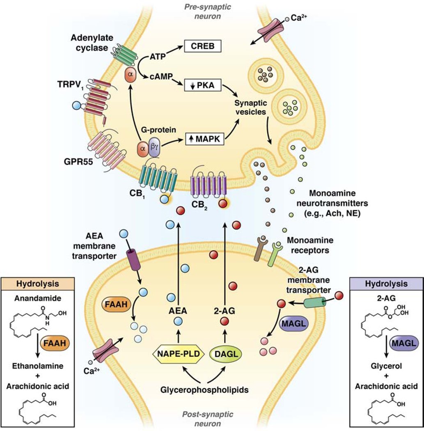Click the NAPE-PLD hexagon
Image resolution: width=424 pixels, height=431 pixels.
pos(178,353)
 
